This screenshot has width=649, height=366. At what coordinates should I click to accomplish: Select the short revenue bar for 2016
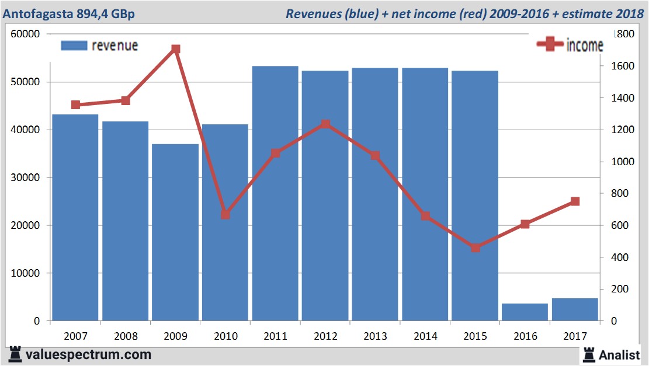point(525,312)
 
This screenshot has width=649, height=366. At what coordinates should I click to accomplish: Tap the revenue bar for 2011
point(275,193)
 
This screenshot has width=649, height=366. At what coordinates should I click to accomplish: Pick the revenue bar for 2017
point(575,309)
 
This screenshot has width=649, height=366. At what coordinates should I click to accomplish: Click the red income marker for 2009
point(175,49)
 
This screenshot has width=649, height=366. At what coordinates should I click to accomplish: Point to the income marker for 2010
point(225,214)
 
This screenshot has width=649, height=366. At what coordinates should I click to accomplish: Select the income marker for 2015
point(475,248)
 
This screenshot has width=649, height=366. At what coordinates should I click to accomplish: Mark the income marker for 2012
point(325,124)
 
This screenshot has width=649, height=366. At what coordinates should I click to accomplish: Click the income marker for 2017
point(575,201)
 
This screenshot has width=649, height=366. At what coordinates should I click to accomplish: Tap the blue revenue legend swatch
point(74,46)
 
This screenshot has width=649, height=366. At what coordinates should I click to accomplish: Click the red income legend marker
point(550,44)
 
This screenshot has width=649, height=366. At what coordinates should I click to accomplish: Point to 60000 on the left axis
point(25,34)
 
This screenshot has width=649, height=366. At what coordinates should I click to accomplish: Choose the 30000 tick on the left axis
point(25,177)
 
